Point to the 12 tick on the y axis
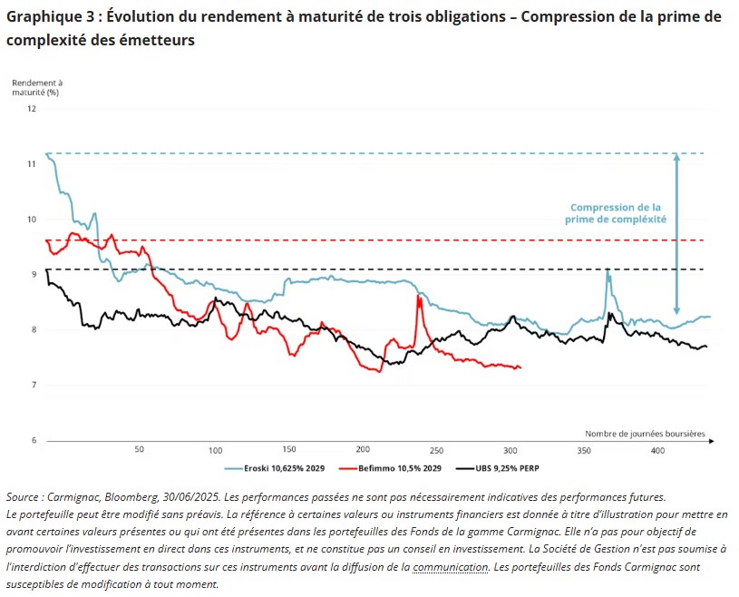[x=32, y=109]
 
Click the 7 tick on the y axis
[x=34, y=386]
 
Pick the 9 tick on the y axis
[x=34, y=275]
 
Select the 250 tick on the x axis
[x=436, y=450]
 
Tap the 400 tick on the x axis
[x=657, y=450]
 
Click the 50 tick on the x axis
[x=140, y=450]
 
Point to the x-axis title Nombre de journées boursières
[x=645, y=434]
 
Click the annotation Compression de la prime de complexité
[x=615, y=213]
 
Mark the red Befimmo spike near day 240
[x=418, y=297]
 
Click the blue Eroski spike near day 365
[x=607, y=269]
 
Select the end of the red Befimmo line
[x=520, y=367]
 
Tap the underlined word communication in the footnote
[x=451, y=567]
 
